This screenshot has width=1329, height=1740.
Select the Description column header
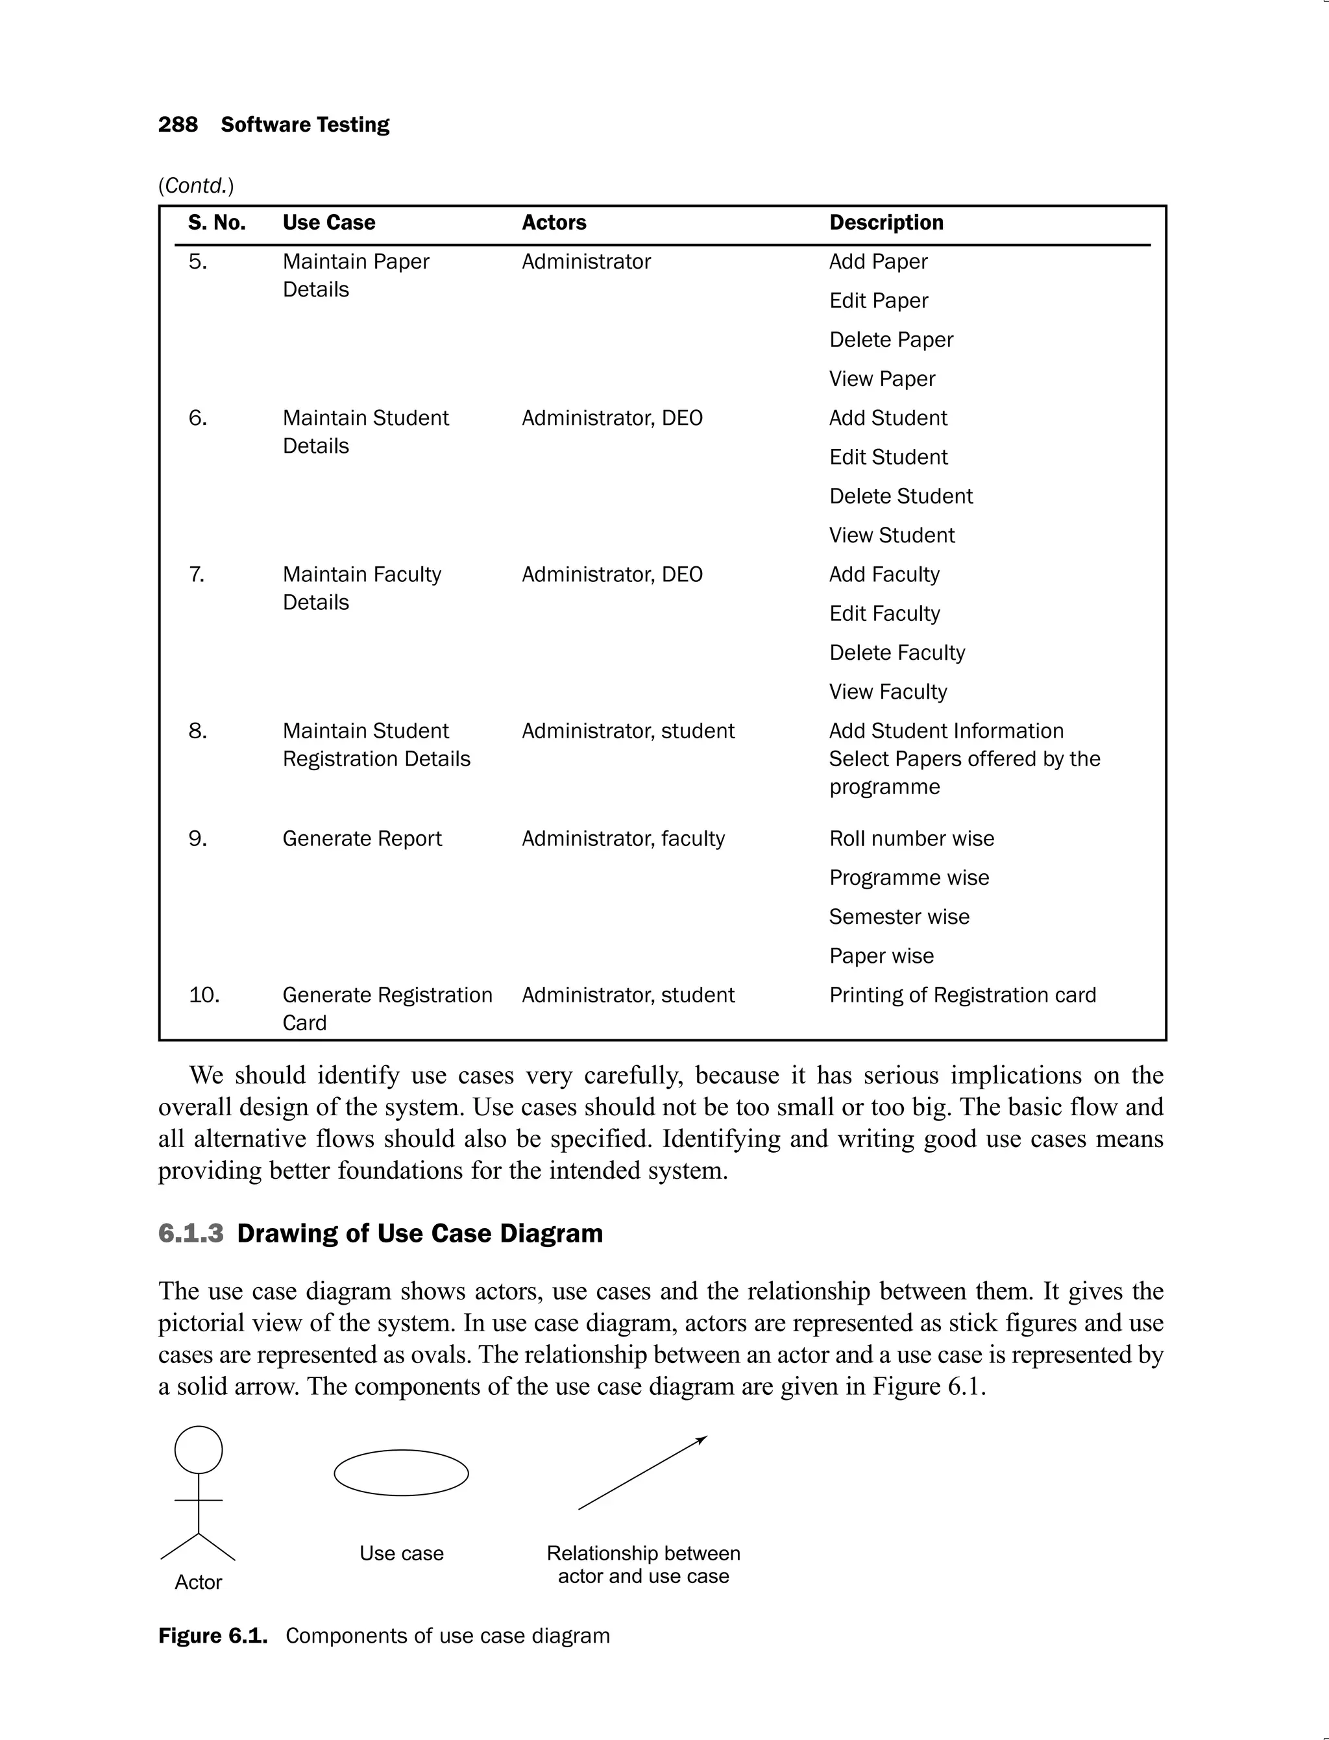click(886, 223)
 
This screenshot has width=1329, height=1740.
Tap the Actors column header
click(554, 223)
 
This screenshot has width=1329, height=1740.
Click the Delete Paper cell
click(891, 340)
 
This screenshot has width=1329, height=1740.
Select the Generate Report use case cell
click(361, 838)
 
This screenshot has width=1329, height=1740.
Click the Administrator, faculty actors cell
click(622, 838)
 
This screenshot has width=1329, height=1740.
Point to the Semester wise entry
click(899, 917)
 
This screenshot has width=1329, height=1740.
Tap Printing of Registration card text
click(962, 995)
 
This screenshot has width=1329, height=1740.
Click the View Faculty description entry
click(888, 692)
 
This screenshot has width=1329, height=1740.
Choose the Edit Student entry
click(888, 457)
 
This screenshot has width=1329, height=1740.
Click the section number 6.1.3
click(191, 1233)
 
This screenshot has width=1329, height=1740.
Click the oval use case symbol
click(401, 1473)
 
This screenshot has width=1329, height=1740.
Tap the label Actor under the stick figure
click(198, 1582)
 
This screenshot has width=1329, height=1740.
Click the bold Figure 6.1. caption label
click(213, 1636)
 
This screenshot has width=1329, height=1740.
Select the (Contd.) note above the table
click(196, 186)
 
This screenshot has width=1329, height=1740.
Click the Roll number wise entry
click(911, 838)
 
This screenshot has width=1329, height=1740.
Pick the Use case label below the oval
click(401, 1553)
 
